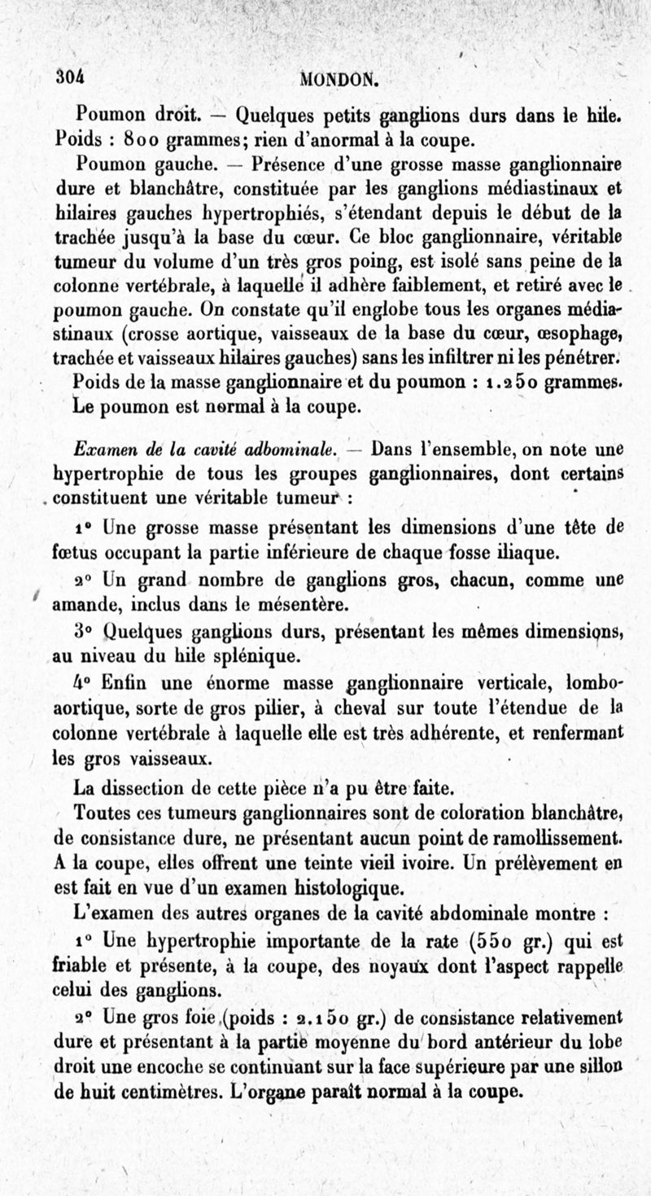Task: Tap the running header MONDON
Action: pos(340,79)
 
